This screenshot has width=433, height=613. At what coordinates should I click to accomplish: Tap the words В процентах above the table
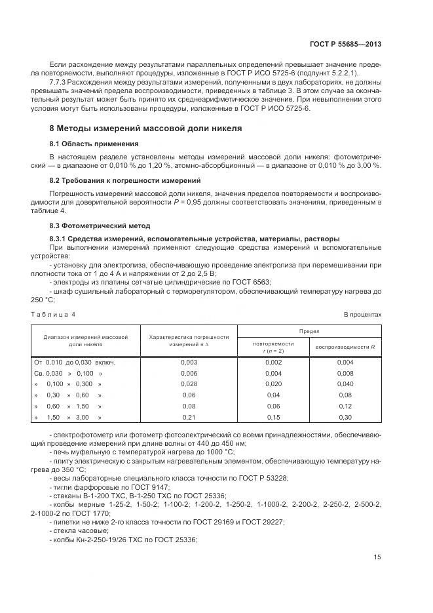(x=363, y=315)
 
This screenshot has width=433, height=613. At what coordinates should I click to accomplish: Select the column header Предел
(x=309, y=332)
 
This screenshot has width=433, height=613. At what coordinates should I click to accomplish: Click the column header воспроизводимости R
(x=345, y=346)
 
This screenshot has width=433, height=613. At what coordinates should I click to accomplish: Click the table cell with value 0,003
(x=189, y=362)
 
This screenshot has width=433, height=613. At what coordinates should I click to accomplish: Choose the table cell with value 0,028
(x=189, y=384)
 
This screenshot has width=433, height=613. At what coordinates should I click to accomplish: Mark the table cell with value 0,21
(x=189, y=417)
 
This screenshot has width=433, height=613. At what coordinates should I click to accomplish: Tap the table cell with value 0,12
(x=345, y=406)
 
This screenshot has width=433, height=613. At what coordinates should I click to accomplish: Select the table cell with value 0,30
(x=345, y=417)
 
